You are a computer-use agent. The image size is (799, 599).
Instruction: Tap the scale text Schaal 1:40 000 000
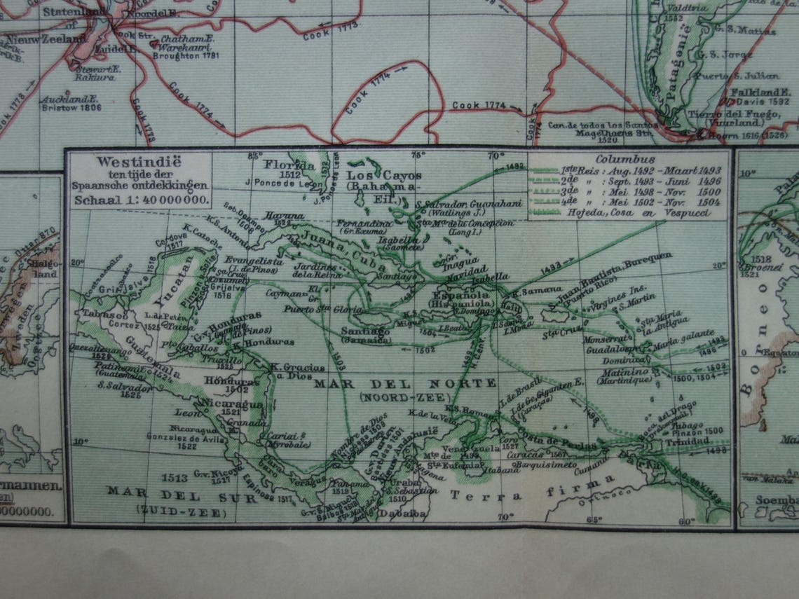(x=139, y=199)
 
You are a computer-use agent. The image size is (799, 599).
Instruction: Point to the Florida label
(x=289, y=165)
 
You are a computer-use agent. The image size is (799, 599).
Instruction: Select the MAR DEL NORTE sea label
(x=404, y=383)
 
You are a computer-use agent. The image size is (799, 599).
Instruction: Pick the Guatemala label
(x=151, y=359)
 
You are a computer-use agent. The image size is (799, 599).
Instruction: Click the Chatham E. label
(x=186, y=40)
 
